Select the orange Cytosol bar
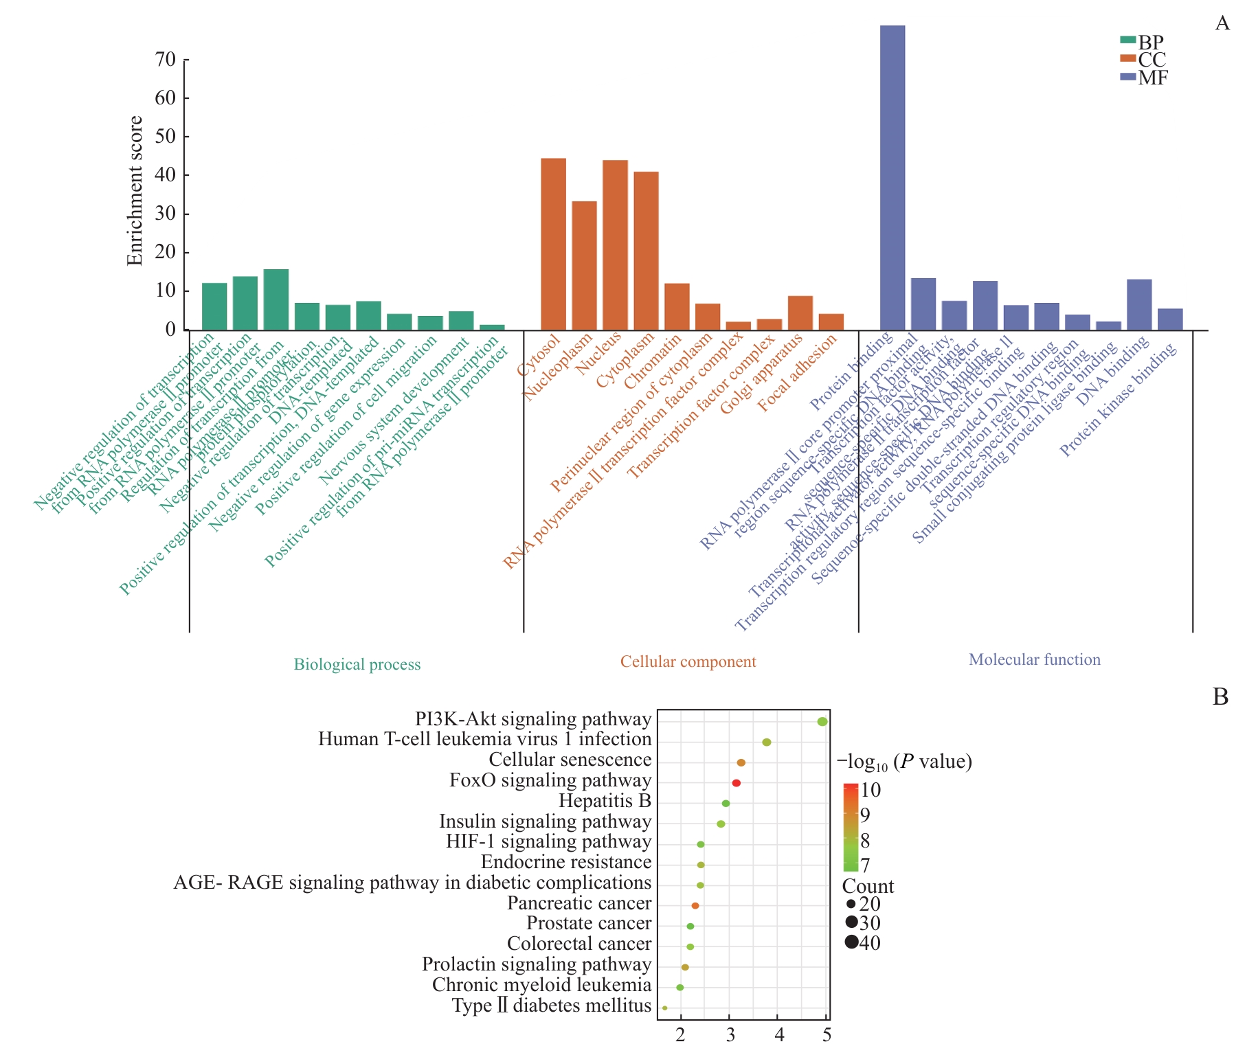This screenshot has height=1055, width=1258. point(553,244)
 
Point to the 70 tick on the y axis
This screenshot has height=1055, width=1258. point(166,60)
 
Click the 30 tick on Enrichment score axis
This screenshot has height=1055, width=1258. point(166,214)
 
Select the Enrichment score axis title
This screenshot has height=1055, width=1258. point(135,190)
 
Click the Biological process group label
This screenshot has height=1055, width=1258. point(357,664)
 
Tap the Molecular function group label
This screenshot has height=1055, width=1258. point(1034,659)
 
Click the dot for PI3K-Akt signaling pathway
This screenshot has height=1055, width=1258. point(822,721)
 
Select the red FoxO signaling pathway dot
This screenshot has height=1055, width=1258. point(736,783)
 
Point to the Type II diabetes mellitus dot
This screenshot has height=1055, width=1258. point(664,1008)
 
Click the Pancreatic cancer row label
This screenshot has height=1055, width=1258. point(579,903)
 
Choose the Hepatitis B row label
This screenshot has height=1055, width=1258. point(605,801)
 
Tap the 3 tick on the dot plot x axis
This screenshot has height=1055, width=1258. point(730,1035)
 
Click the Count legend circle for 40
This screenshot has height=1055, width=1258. point(852,942)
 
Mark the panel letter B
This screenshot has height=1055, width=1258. point(1220,697)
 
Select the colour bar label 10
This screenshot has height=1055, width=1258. point(871,790)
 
